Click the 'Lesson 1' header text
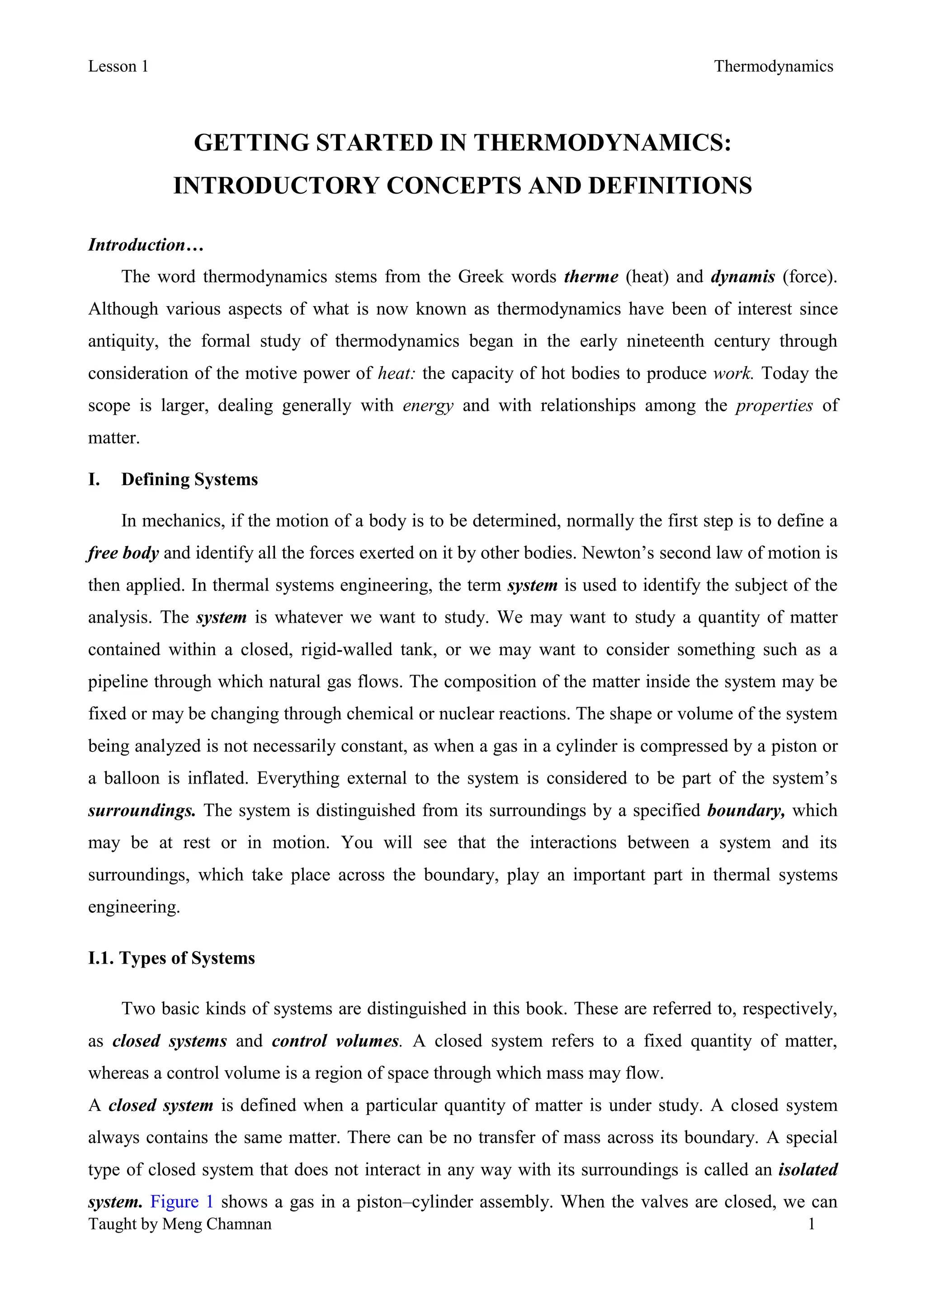pos(118,67)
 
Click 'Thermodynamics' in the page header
pos(773,67)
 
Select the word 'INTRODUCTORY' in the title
pos(276,186)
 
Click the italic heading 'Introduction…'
pos(146,245)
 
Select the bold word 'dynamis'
pos(742,277)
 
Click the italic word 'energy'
pos(428,406)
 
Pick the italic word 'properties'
pos(774,406)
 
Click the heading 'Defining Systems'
pos(189,479)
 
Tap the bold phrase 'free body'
pos(123,553)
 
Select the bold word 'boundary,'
pos(746,811)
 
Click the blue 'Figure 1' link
pos(182,1202)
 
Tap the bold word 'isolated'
pos(808,1170)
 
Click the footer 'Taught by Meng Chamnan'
pos(180,1224)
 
